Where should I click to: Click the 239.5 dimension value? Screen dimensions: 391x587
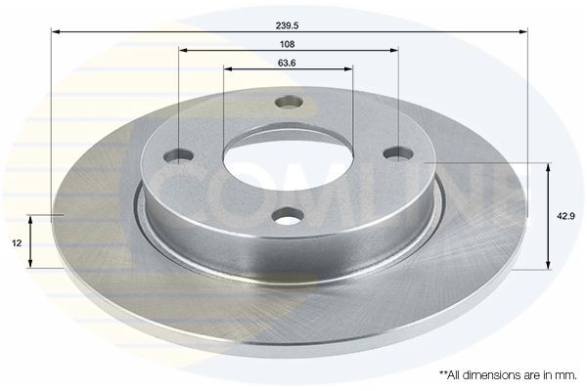point(289,18)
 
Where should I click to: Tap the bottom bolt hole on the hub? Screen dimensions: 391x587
point(287,216)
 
